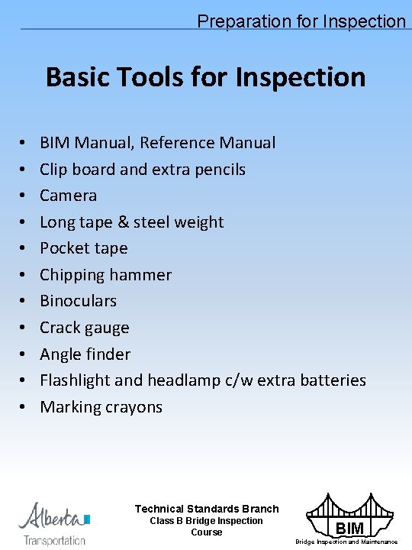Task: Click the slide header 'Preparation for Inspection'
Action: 301,21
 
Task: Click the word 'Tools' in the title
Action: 162,77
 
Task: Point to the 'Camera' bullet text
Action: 69,196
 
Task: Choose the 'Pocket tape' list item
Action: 84,248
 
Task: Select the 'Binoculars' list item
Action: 79,301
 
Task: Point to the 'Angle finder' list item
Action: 85,354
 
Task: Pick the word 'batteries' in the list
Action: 333,380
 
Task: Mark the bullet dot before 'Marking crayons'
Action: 25,408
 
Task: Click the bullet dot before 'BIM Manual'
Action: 25,144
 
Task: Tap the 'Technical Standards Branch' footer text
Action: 207,509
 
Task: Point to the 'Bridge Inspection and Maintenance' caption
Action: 346,542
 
